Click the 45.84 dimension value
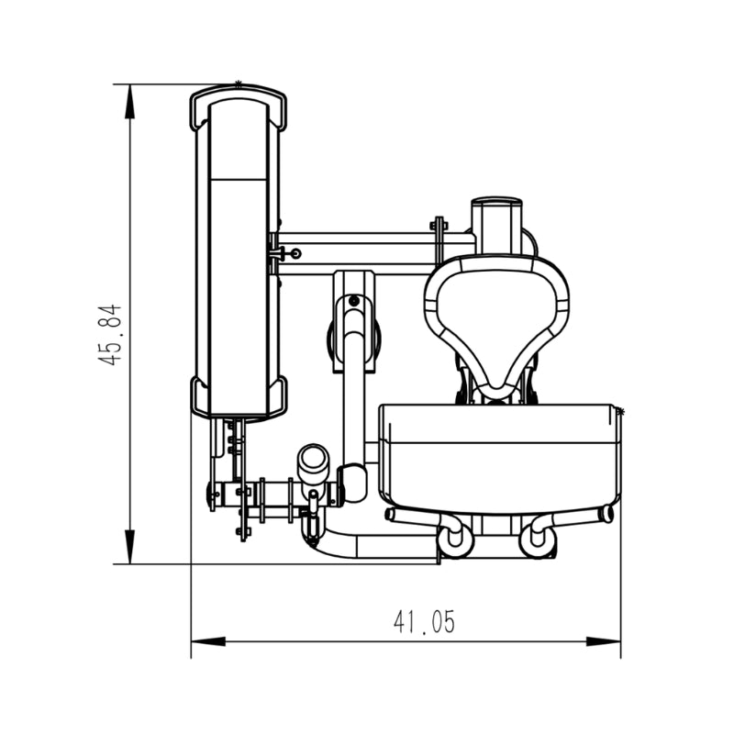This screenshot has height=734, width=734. (x=109, y=335)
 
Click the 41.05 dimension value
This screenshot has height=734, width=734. (x=424, y=622)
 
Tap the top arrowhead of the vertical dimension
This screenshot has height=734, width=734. (x=129, y=102)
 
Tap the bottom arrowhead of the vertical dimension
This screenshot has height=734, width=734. (x=129, y=547)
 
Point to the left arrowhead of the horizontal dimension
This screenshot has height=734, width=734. (x=208, y=641)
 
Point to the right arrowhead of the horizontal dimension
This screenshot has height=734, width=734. (x=604, y=641)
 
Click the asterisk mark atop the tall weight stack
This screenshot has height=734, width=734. (x=239, y=84)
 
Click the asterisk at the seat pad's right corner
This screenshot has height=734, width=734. (x=621, y=412)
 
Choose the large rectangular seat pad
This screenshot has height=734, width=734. (x=500, y=457)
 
